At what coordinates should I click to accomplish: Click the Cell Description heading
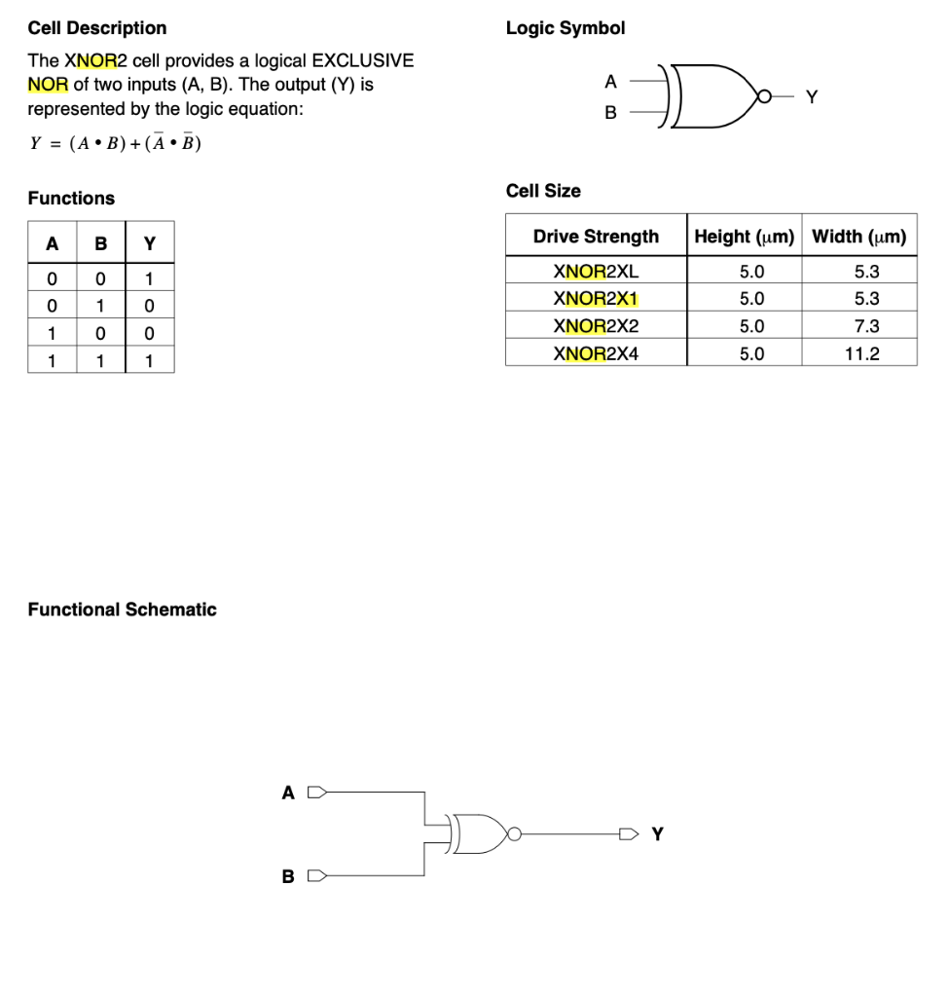click(x=96, y=28)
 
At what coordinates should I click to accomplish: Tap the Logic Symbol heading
click(x=565, y=28)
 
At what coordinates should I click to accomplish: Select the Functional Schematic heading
click(x=122, y=609)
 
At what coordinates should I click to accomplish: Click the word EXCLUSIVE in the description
click(x=362, y=60)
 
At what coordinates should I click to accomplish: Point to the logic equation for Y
click(x=115, y=144)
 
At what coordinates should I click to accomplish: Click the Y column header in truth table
click(x=149, y=242)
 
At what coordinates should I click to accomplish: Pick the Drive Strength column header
click(x=596, y=237)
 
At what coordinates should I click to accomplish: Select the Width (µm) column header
click(x=858, y=237)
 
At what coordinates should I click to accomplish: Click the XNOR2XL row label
click(x=596, y=272)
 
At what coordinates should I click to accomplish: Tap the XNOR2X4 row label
click(x=596, y=353)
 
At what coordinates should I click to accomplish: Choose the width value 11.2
click(x=861, y=353)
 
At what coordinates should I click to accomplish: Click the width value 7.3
click(x=865, y=326)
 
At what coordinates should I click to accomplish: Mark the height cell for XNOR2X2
click(x=752, y=326)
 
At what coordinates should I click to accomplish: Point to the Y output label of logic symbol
click(x=813, y=96)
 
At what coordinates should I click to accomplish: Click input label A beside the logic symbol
click(x=610, y=81)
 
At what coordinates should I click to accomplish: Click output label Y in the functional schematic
click(x=658, y=833)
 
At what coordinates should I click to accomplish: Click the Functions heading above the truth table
click(x=71, y=199)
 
